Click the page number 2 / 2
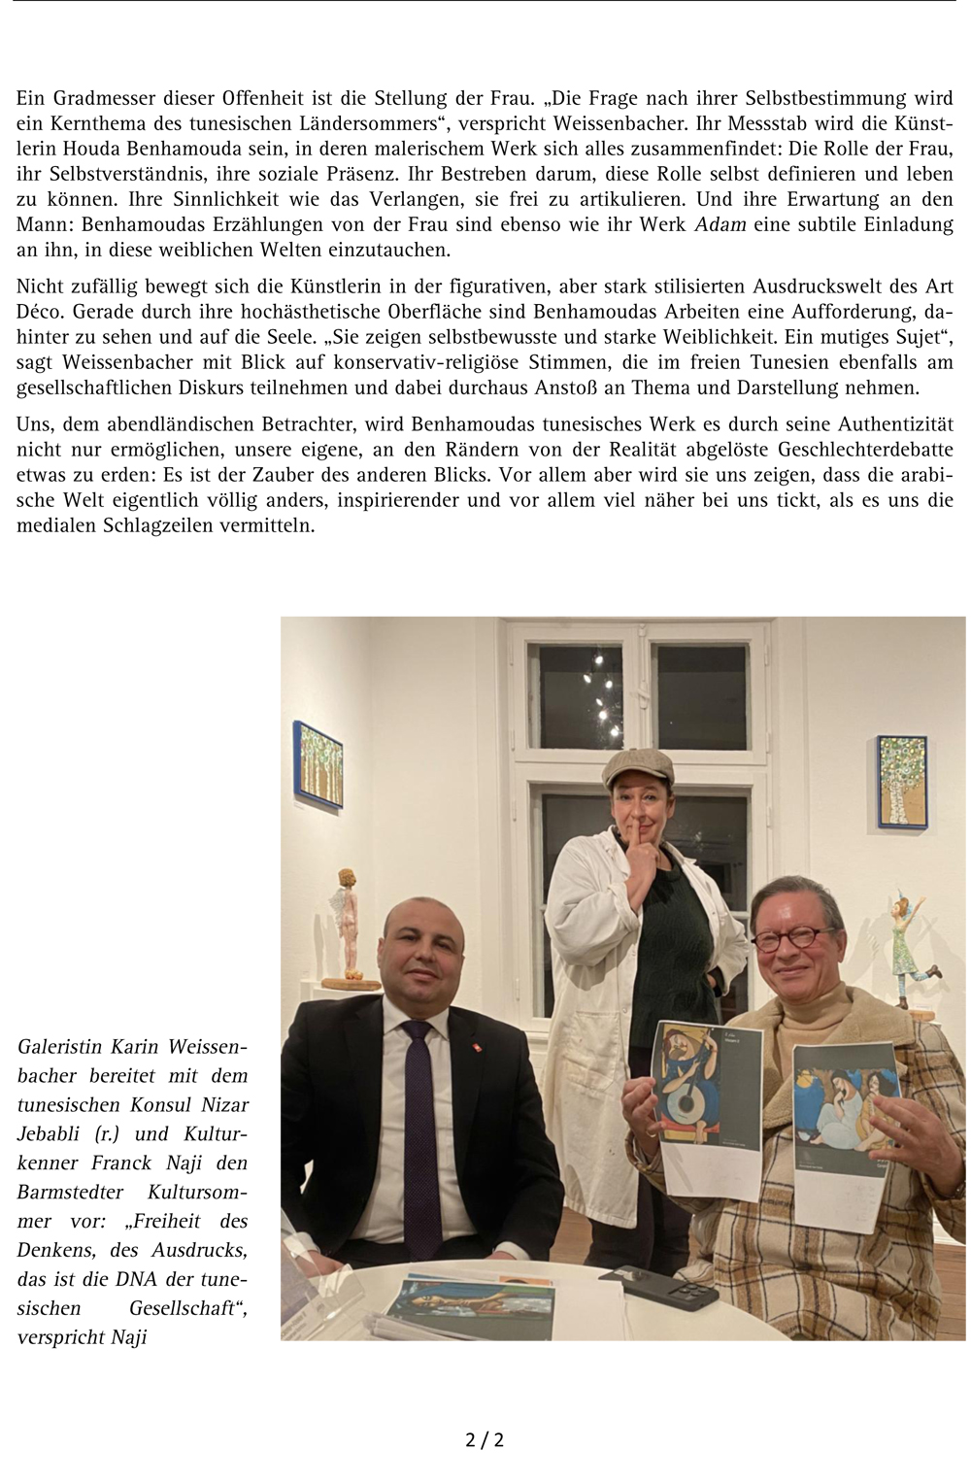click(x=485, y=1438)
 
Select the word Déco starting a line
click(x=40, y=312)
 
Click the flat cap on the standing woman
click(x=637, y=767)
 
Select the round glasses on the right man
click(x=793, y=939)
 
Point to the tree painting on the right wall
click(x=903, y=781)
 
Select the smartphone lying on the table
click(x=657, y=1290)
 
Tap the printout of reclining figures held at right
click(x=847, y=1117)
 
